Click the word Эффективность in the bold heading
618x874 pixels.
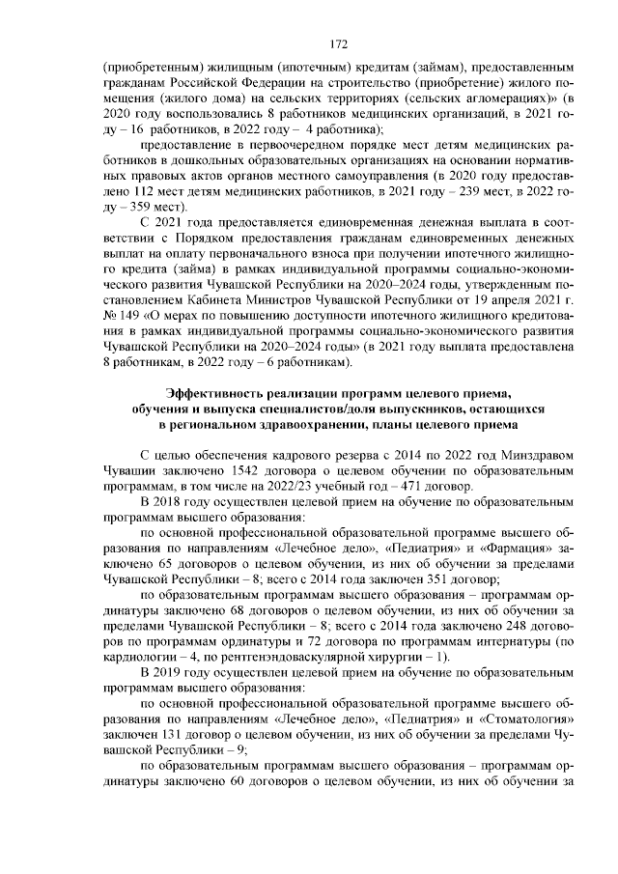[x=217, y=392]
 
